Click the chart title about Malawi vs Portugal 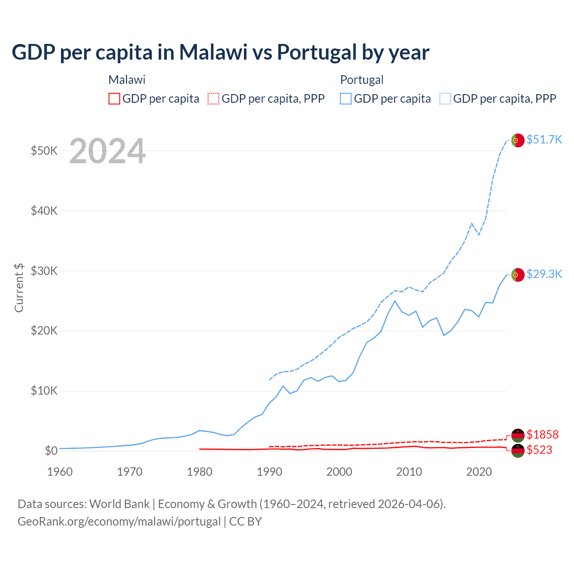pos(221,52)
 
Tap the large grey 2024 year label pos(108,151)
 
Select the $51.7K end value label pos(544,139)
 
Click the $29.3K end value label pos(544,274)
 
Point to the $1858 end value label pos(542,435)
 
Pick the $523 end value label pos(539,450)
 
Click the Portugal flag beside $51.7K pos(518,140)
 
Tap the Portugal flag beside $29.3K pos(518,275)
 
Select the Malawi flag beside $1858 pos(518,435)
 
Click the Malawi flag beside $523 pos(518,451)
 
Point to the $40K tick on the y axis pos(44,211)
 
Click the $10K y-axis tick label pos(44,391)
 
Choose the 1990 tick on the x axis pos(270,472)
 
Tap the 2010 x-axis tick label pos(409,472)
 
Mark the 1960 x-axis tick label pos(60,472)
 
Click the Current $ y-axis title pos(19,287)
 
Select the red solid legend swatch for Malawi pos(114,99)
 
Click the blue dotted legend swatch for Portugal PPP pos(445,99)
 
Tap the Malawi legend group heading pos(127,80)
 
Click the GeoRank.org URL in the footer pos(119,522)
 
